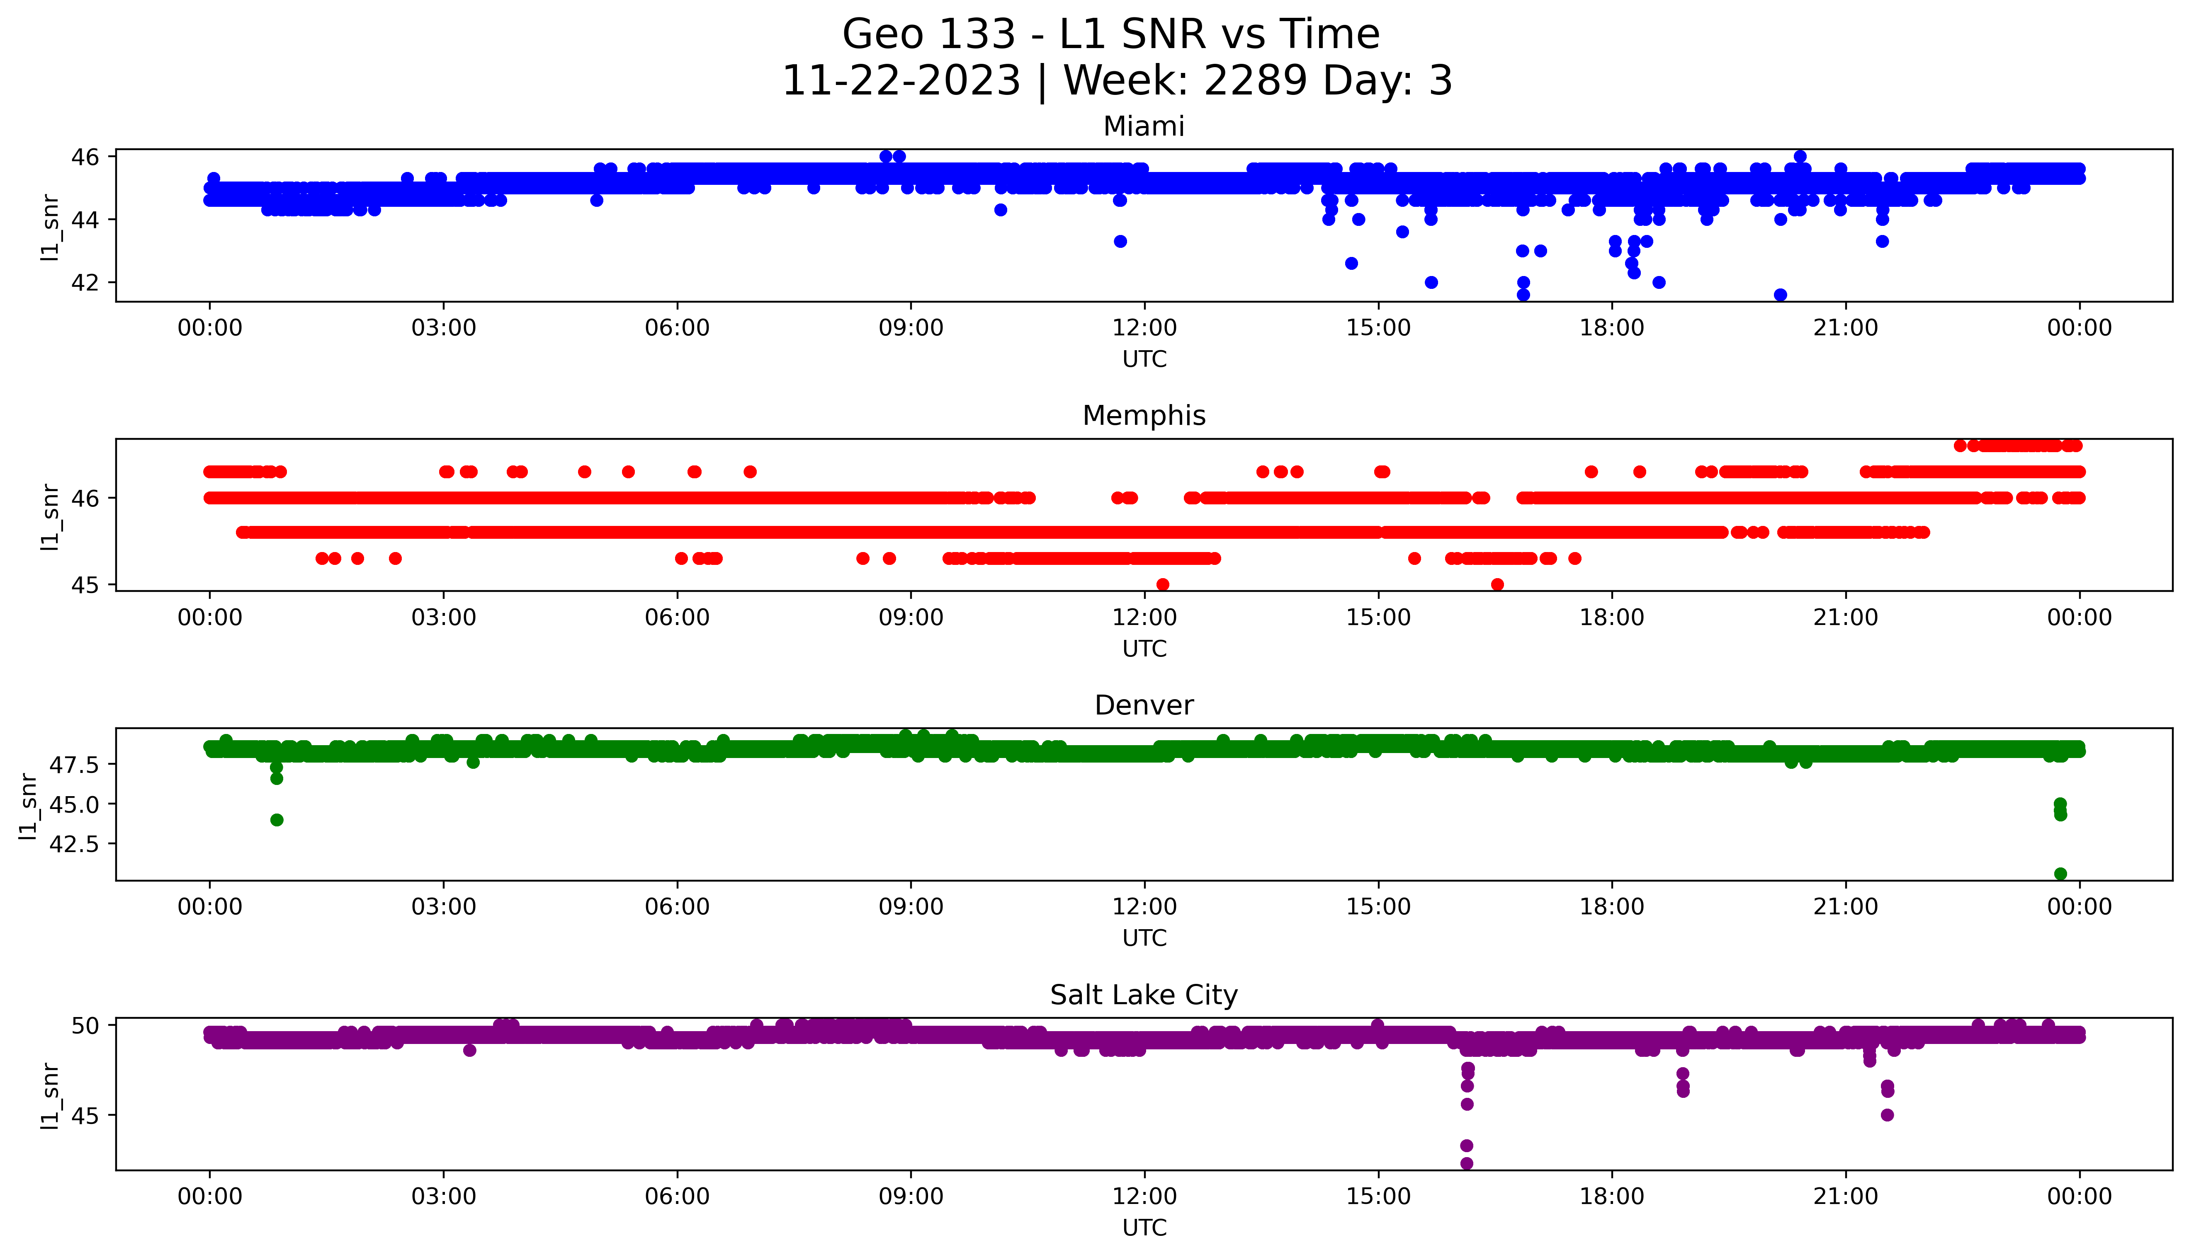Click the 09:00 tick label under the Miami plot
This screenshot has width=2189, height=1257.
(911, 328)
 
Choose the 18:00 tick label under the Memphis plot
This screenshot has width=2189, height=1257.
(1612, 617)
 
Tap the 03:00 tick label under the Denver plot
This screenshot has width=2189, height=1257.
(444, 906)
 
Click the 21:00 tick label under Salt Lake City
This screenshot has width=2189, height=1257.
(1846, 1196)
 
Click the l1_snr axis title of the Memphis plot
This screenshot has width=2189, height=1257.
(50, 516)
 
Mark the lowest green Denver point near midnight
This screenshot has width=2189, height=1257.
(2060, 874)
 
